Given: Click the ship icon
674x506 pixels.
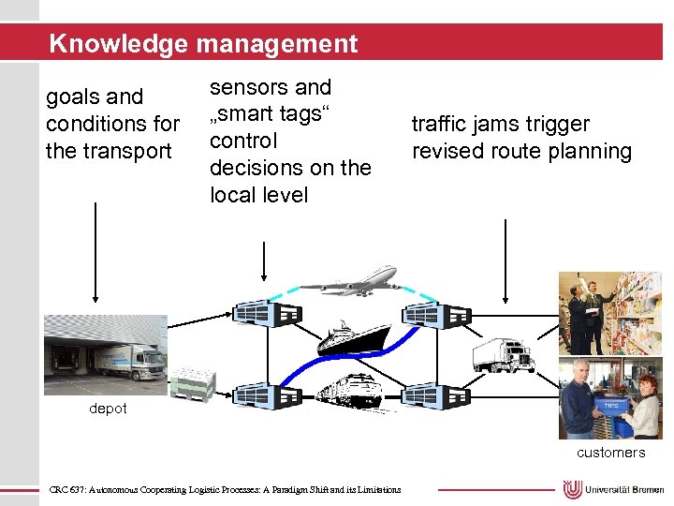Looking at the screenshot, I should click(x=353, y=336).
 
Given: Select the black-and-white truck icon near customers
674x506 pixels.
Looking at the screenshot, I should click(x=504, y=355).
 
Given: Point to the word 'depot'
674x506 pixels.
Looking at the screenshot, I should click(x=108, y=409).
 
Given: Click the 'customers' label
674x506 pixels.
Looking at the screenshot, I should click(x=610, y=453).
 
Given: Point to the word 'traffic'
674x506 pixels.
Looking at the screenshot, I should click(x=441, y=124).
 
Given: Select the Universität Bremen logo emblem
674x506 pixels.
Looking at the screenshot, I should click(x=573, y=489).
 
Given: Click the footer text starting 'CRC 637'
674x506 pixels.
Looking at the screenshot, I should click(x=225, y=489).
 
